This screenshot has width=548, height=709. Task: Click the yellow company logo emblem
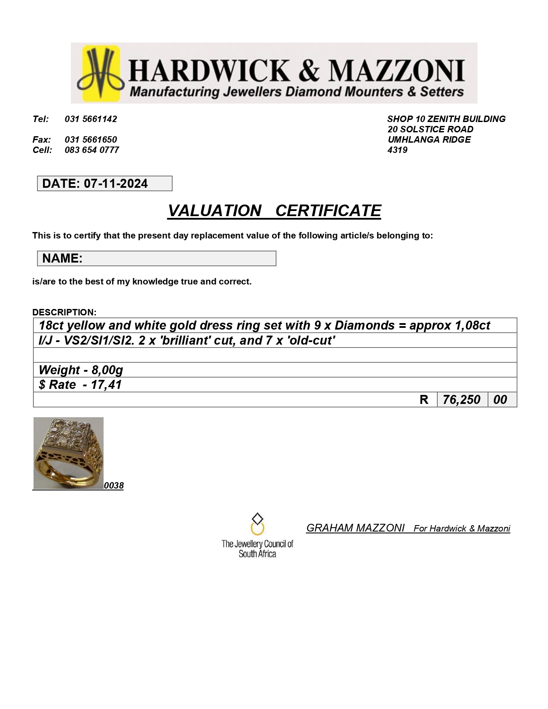pos(101,73)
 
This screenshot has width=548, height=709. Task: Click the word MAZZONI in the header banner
pos(396,71)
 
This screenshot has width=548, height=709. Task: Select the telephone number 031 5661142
pos(91,119)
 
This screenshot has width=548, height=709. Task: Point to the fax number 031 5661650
pos(91,140)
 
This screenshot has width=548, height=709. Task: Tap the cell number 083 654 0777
pos(92,150)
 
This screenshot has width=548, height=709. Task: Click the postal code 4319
pos(398,150)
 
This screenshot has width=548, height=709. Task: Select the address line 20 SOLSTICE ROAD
pos(430,129)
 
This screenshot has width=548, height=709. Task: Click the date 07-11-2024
pos(116,183)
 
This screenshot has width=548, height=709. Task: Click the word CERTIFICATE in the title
pos(328,211)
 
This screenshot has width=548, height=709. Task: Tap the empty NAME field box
pos(178,258)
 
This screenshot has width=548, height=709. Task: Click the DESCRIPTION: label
pos(64,312)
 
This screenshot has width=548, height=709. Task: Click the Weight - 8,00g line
pos(81,370)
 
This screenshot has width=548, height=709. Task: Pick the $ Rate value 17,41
pos(106,385)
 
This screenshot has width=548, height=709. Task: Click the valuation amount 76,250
pos(462,400)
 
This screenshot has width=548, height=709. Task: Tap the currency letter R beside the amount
pos(424,400)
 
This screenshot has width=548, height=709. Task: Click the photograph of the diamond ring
pos(68,453)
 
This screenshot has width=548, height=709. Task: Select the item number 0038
pos(114,486)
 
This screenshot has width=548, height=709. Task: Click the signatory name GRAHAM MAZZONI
pos(355,528)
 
